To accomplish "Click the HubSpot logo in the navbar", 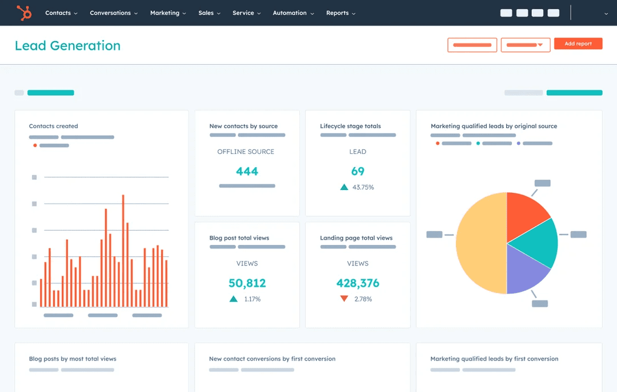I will point(24,13).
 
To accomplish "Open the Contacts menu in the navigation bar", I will point(61,13).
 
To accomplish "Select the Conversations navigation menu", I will point(114,13).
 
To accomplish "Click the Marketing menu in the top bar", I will point(168,13).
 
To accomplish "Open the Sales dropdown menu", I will point(210,13).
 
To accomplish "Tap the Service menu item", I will point(247,13).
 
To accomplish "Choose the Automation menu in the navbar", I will point(293,13).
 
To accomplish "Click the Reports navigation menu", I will point(340,13).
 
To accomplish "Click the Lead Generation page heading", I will point(67,46).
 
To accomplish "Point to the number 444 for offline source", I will point(247,171).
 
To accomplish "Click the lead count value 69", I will point(358,171).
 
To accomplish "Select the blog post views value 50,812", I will point(247,283).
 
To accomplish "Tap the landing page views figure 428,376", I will point(358,283).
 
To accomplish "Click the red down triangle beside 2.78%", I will point(344,299).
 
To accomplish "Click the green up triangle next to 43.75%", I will point(344,187).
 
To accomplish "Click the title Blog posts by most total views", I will point(73,359).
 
